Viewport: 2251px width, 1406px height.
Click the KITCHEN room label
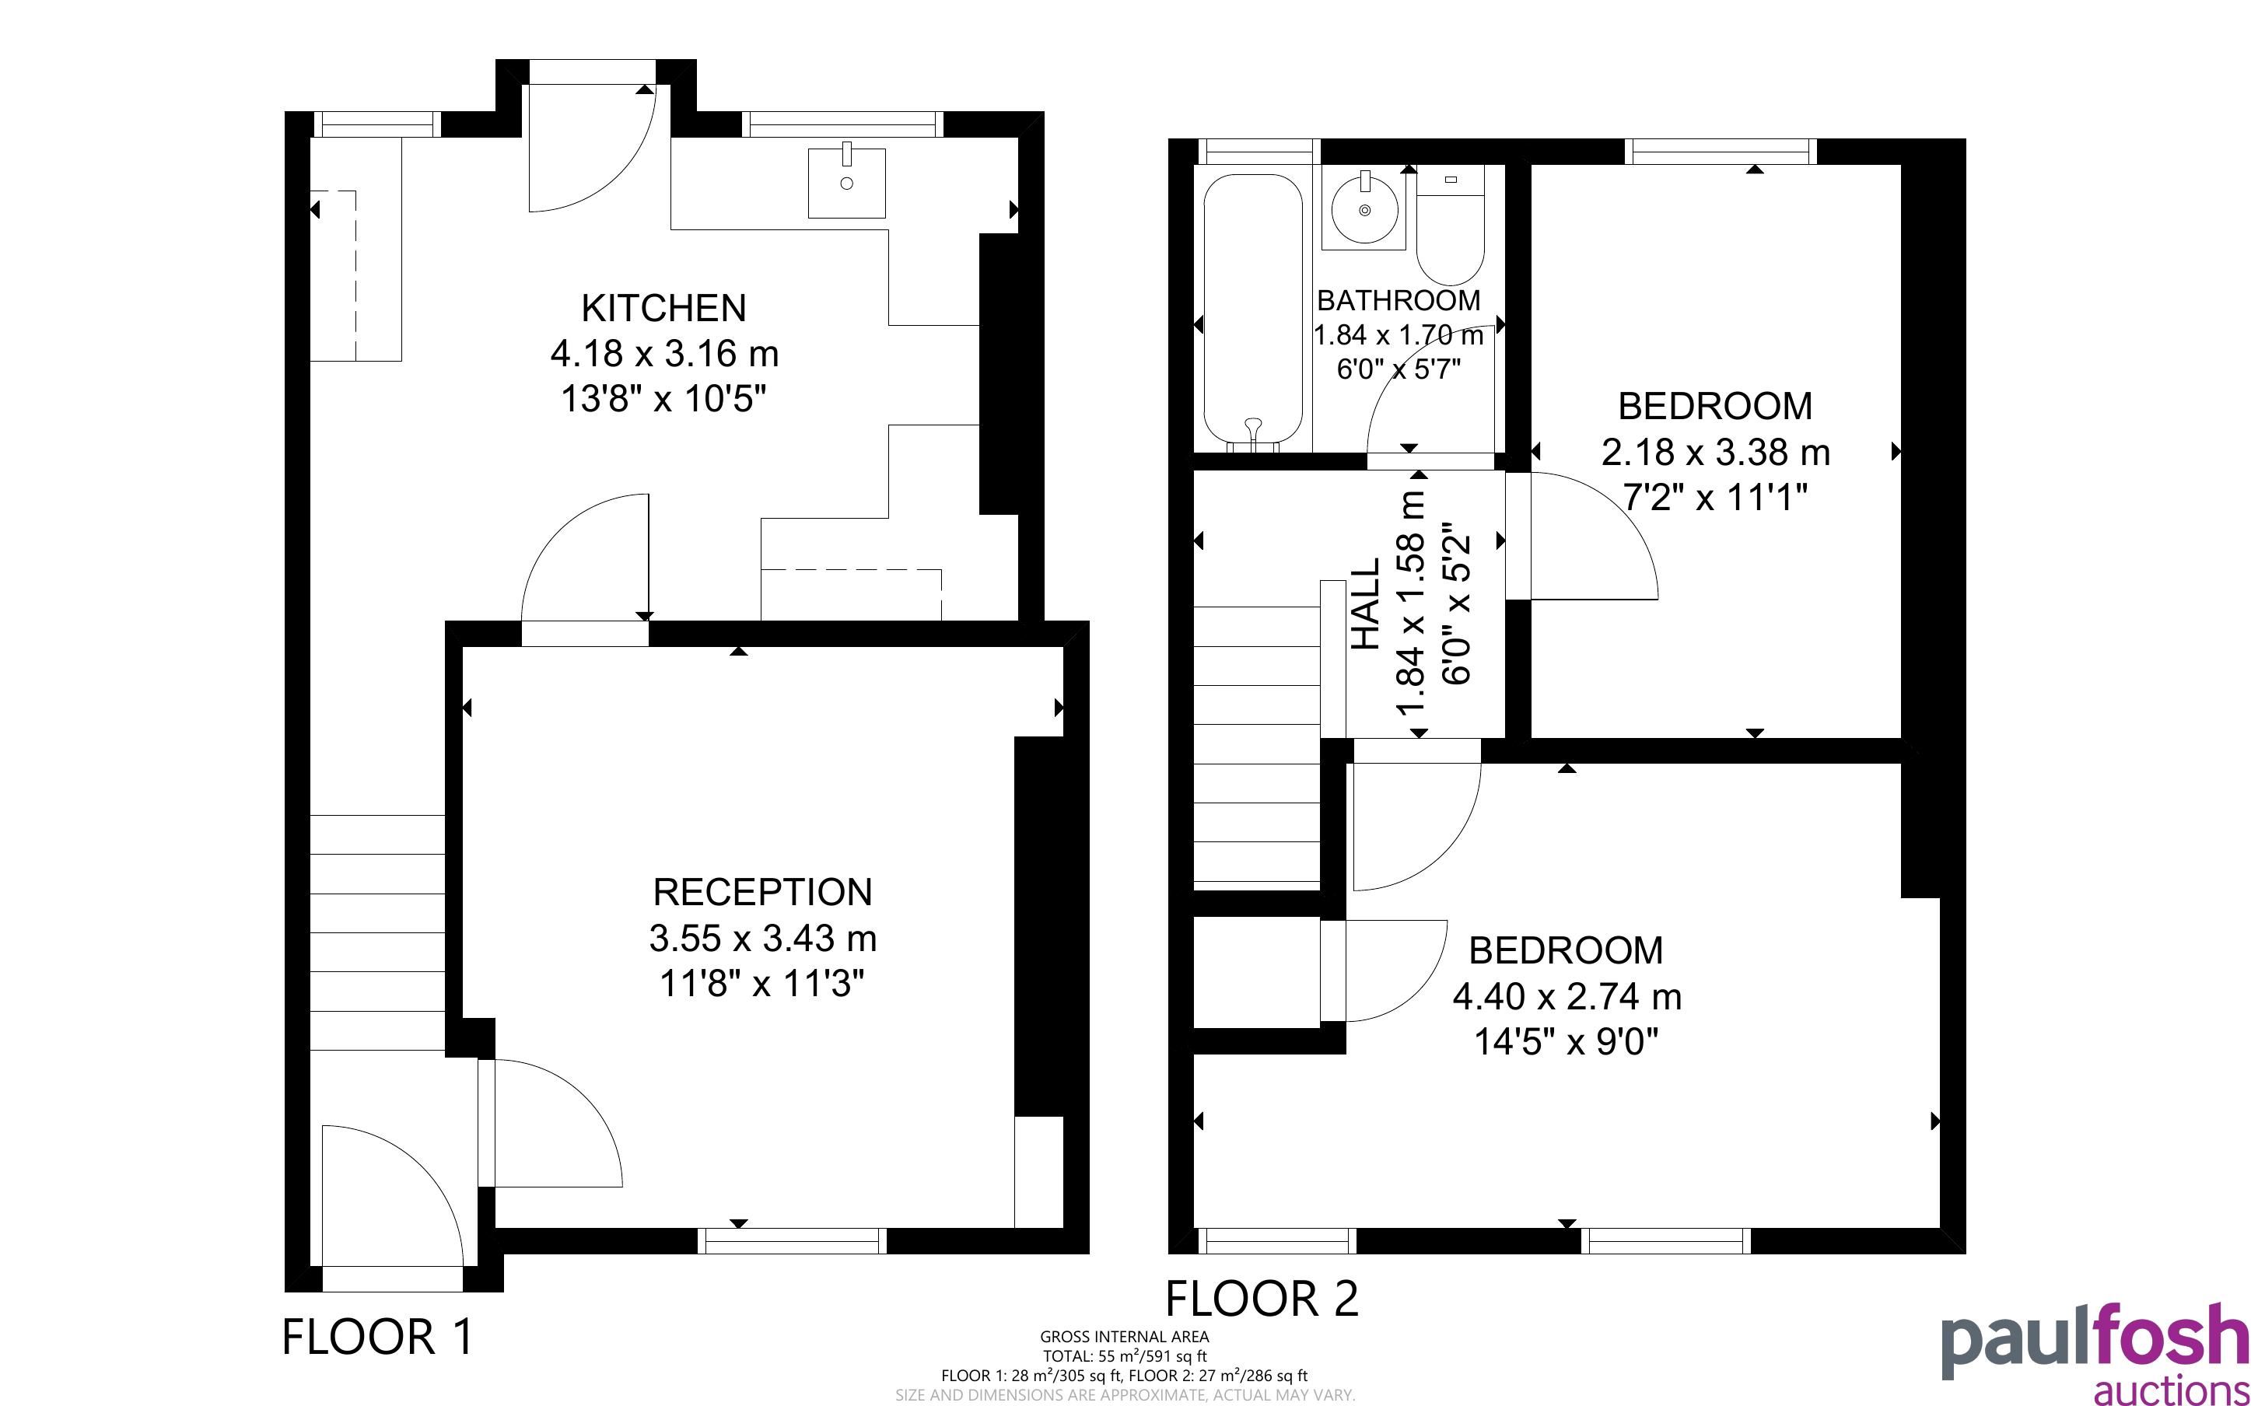pyautogui.click(x=663, y=308)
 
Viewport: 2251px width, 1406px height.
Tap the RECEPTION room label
pyautogui.click(x=762, y=892)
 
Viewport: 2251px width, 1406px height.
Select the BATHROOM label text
pyautogui.click(x=1399, y=300)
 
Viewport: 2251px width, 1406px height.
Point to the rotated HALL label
pyautogui.click(x=1364, y=604)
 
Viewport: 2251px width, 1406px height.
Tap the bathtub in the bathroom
pyautogui.click(x=1252, y=313)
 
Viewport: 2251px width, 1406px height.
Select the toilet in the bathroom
pyautogui.click(x=1450, y=228)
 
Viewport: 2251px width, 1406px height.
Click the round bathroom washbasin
pyautogui.click(x=1365, y=208)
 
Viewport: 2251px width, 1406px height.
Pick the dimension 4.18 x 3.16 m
pyautogui.click(x=663, y=353)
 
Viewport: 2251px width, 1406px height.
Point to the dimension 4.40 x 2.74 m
pyautogui.click(x=1567, y=996)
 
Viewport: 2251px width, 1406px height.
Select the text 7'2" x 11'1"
pyautogui.click(x=1715, y=498)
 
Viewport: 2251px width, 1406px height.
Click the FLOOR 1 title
pyautogui.click(x=377, y=1338)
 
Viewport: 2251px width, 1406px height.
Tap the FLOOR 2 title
pyautogui.click(x=1262, y=1298)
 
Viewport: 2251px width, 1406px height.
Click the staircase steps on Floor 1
pyautogui.click(x=376, y=932)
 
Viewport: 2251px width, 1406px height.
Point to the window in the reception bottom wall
pyautogui.click(x=792, y=1240)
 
